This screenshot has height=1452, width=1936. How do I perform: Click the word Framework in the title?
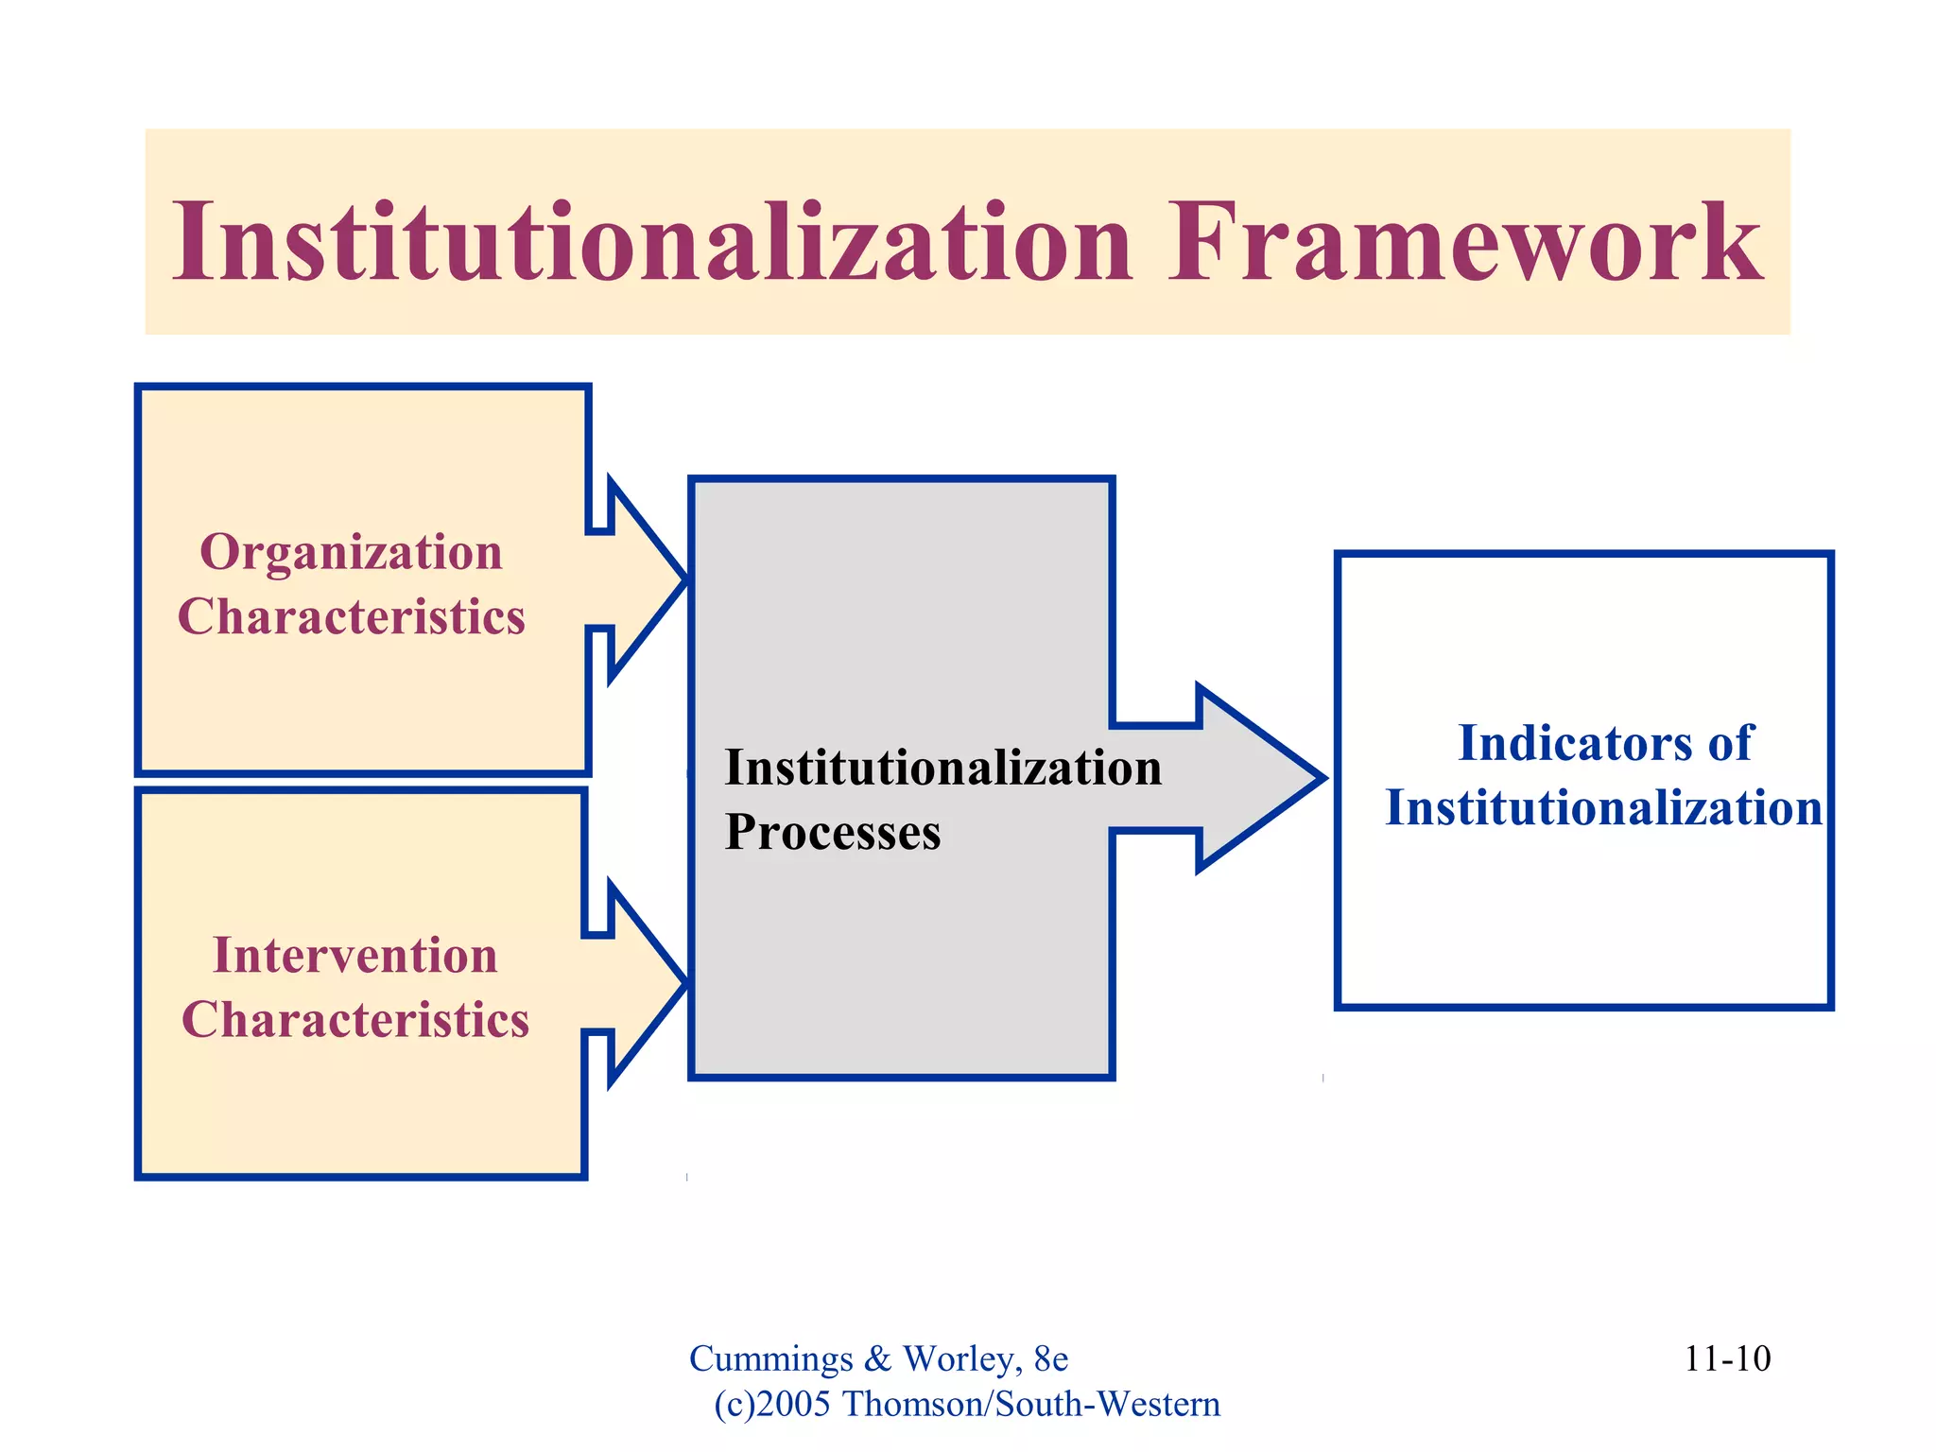pyautogui.click(x=1465, y=243)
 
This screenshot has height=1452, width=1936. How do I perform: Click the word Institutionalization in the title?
pyautogui.click(x=652, y=243)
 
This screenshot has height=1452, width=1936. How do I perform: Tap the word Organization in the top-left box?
pyautogui.click(x=351, y=552)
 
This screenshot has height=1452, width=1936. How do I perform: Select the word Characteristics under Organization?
pyautogui.click(x=351, y=617)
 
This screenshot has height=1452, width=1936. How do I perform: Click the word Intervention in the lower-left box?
pyautogui.click(x=354, y=955)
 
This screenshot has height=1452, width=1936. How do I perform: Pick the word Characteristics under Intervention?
pyautogui.click(x=354, y=1020)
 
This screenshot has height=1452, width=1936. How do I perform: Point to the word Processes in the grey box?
pyautogui.click(x=832, y=833)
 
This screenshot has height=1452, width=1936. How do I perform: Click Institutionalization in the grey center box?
pyautogui.click(x=942, y=768)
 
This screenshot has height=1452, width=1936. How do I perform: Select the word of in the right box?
pyautogui.click(x=1730, y=743)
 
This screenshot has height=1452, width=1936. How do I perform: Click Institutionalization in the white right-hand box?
pyautogui.click(x=1603, y=809)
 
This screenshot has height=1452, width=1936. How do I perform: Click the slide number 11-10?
pyautogui.click(x=1727, y=1359)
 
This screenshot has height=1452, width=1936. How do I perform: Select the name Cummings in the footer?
pyautogui.click(x=770, y=1359)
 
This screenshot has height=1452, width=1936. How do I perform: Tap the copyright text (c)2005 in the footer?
pyautogui.click(x=772, y=1405)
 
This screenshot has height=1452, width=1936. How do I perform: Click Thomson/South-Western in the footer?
pyautogui.click(x=1030, y=1405)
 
